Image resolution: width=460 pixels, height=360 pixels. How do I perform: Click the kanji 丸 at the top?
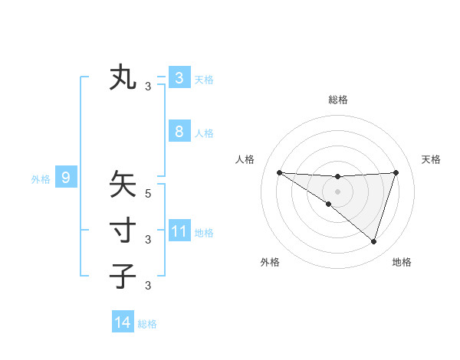coord(123,78)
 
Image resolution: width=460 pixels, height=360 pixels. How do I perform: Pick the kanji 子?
coord(123,276)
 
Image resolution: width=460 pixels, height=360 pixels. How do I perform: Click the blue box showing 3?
coord(179,78)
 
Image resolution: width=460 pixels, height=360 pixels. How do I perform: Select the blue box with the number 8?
coord(179,132)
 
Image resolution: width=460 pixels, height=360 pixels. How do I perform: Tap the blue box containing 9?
coord(66,178)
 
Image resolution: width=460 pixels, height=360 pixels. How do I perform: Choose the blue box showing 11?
coord(179,231)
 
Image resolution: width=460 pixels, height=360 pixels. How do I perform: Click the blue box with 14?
coord(123,322)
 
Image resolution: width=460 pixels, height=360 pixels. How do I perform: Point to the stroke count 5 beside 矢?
coord(148,194)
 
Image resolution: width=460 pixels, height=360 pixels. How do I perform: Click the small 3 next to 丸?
coord(148,87)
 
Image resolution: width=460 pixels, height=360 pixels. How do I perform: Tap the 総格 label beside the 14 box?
coord(147,324)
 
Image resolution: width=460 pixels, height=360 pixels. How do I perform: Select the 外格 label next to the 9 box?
coord(41,179)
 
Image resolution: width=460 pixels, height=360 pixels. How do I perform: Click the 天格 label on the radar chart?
coord(431,159)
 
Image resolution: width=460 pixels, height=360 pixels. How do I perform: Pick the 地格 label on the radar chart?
coord(402,262)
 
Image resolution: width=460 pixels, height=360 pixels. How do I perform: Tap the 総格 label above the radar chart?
coord(337,100)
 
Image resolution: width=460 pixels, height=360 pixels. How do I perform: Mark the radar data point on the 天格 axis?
coord(396,172)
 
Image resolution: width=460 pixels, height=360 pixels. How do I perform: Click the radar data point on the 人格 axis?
coord(279,172)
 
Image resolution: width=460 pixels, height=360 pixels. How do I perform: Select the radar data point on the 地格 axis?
coord(373,241)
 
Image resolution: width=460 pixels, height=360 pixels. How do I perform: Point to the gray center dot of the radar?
coord(337,191)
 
